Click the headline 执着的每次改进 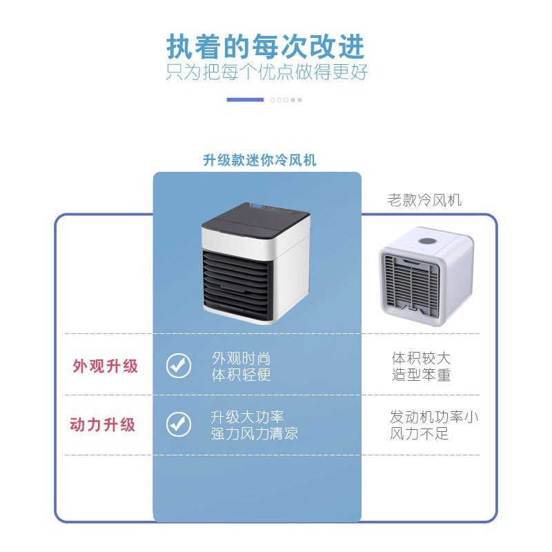[266, 46]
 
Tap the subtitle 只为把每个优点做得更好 [266, 72]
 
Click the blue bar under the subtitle [245, 99]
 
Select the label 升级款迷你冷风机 [259, 160]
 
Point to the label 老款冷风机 [425, 201]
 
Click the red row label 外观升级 [106, 366]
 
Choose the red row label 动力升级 [103, 424]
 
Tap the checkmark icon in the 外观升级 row [179, 366]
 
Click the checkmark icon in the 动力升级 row [179, 424]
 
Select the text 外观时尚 [241, 358]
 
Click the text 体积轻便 [241, 375]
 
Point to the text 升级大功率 [247, 417]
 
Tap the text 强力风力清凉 [255, 434]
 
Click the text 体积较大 [421, 358]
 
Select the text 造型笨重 [421, 375]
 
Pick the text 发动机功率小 [434, 417]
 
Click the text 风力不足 [420, 434]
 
